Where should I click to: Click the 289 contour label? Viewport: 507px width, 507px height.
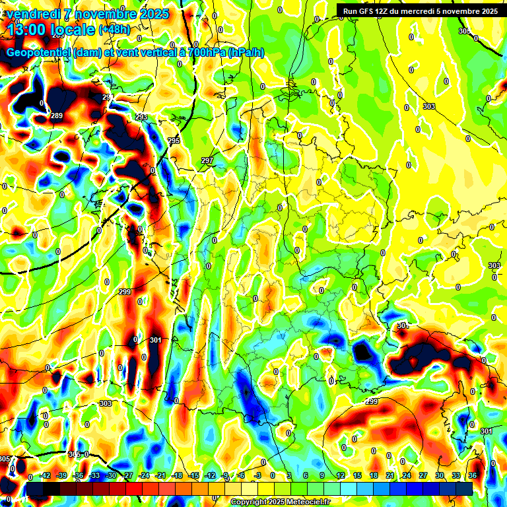(57, 116)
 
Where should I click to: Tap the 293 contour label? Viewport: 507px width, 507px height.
(141, 117)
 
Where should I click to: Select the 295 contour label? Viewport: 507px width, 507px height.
(174, 141)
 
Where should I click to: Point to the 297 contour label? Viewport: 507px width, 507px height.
(207, 161)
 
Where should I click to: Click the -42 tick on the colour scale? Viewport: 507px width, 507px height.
(46, 475)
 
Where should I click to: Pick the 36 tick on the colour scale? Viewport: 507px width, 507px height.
(473, 475)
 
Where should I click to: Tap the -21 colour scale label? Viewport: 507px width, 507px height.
(160, 475)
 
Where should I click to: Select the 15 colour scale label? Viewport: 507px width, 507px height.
(357, 475)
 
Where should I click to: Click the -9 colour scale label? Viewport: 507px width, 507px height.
(225, 475)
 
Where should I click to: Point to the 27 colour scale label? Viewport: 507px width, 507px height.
(423, 475)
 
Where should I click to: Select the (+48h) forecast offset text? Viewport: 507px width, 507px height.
(114, 30)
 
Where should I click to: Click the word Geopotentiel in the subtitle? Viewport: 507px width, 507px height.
(39, 52)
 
